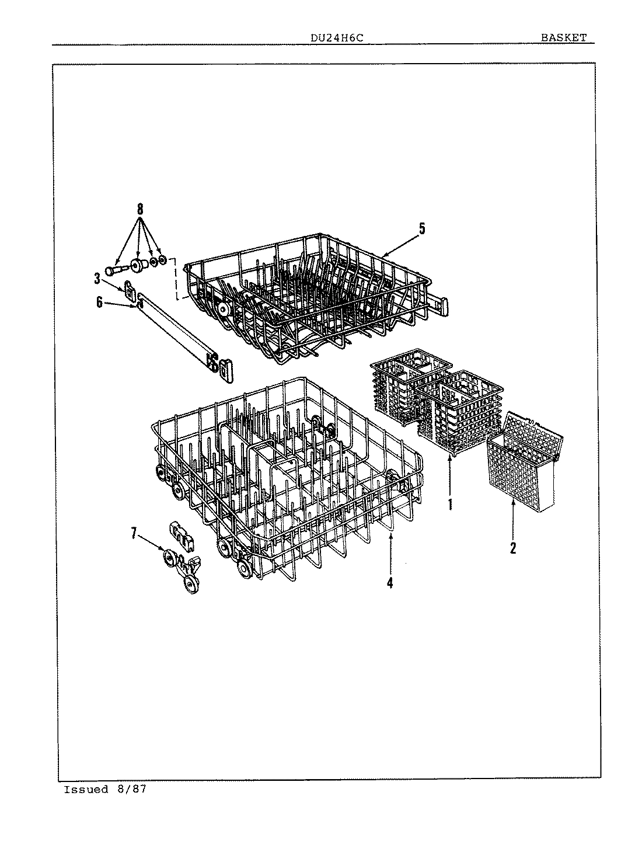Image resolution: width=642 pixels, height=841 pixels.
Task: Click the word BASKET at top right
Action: click(x=563, y=38)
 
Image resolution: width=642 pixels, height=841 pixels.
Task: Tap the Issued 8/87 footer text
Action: click(x=104, y=790)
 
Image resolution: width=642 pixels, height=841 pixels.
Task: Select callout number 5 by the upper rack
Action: click(x=422, y=228)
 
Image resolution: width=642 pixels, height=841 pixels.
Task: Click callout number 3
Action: click(x=97, y=279)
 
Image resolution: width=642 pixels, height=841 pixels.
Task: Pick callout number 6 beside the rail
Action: click(x=99, y=301)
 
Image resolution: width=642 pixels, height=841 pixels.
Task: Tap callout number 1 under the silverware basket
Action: click(x=450, y=503)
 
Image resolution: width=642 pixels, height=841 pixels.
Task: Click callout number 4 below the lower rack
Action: click(x=390, y=582)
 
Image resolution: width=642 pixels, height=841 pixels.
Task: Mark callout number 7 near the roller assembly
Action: click(x=134, y=533)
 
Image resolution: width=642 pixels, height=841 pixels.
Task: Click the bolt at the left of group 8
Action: click(x=116, y=271)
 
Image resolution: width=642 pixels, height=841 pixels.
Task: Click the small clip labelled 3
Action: click(x=130, y=287)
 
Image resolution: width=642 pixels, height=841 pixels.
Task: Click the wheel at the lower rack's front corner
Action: click(x=245, y=569)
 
